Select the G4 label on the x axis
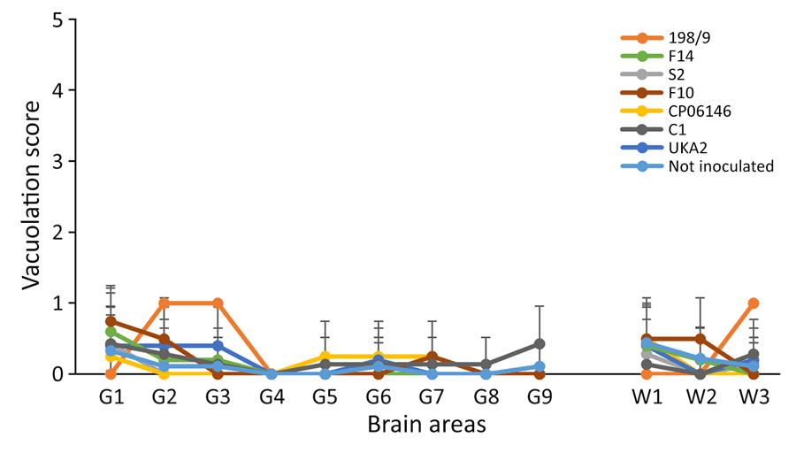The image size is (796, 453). (272, 397)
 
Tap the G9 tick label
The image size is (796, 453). (540, 397)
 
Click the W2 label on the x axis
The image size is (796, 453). (700, 397)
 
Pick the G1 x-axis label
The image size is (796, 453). (111, 397)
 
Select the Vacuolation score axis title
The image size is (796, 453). (30, 196)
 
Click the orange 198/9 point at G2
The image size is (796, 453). (165, 303)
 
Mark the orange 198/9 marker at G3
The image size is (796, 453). (218, 303)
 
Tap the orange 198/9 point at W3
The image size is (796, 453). (753, 303)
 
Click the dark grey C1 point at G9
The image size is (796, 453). (540, 343)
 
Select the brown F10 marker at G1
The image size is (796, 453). (111, 321)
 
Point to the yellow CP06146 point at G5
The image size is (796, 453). (325, 357)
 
